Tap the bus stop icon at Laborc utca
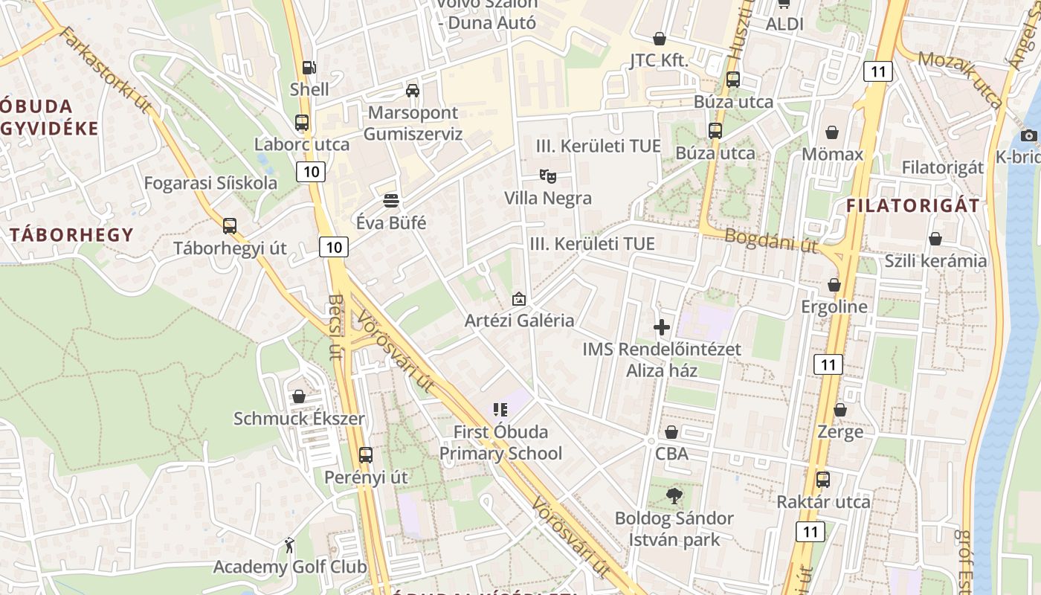[302, 123]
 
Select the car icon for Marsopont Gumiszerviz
[413, 91]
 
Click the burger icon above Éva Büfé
[391, 200]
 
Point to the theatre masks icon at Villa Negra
[548, 176]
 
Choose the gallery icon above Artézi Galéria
[519, 300]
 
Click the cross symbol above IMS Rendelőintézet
[661, 327]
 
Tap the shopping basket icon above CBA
[671, 432]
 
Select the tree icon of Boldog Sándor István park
[674, 495]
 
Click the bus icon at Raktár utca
[823, 480]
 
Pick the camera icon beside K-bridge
[1028, 135]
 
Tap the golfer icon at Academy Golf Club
[289, 545]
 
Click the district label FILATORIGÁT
[913, 206]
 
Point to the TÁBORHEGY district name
[71, 235]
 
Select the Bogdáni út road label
[770, 240]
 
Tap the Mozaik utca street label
[960, 79]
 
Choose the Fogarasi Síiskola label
[210, 183]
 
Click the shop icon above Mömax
[832, 133]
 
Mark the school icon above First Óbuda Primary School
[500, 409]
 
